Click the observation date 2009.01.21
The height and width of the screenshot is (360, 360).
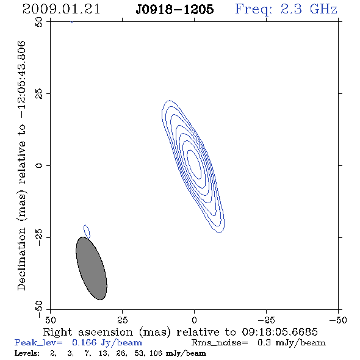click(61, 9)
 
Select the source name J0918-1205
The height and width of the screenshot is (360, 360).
click(175, 9)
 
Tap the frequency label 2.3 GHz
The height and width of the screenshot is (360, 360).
click(309, 9)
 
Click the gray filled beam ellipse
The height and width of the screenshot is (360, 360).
click(92, 268)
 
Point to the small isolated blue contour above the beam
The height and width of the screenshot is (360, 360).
click(87, 231)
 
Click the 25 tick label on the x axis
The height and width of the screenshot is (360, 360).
click(122, 320)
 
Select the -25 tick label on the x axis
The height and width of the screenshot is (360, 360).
click(266, 320)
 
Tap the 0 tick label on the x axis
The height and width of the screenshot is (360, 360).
click(194, 320)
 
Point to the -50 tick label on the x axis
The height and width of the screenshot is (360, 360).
click(338, 320)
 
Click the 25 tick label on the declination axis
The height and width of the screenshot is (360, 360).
click(39, 93)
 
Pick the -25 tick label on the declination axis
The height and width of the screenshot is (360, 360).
click(39, 237)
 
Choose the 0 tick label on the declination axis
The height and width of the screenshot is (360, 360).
click(39, 165)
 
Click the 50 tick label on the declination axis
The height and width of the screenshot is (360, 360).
click(39, 22)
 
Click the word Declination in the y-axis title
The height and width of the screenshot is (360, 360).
click(21, 259)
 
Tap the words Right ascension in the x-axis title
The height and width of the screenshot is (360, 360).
click(88, 332)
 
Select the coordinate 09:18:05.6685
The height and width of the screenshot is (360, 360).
click(279, 332)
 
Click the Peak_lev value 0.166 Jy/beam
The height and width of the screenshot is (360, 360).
click(107, 342)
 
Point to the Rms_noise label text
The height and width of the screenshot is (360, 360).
click(220, 343)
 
